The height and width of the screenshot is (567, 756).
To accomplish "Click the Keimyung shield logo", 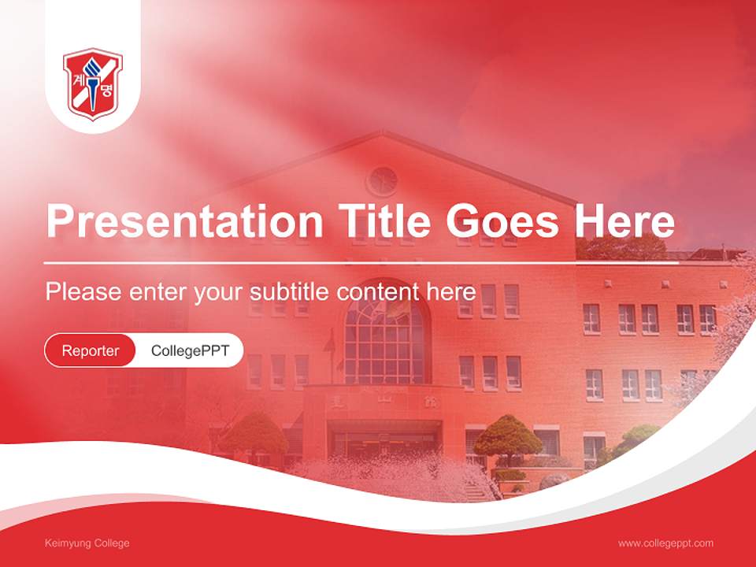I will [93, 82].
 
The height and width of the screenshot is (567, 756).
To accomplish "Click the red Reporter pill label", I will [90, 350].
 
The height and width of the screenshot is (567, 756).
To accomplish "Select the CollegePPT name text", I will [190, 350].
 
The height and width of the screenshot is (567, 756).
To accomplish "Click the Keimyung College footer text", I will [87, 543].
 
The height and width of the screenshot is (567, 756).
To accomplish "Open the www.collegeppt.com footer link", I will [665, 543].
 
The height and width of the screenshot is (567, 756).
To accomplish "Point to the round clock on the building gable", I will [383, 180].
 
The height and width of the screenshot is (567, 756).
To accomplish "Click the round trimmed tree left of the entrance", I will [254, 434].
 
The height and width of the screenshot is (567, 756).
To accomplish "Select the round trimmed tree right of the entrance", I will [508, 435].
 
